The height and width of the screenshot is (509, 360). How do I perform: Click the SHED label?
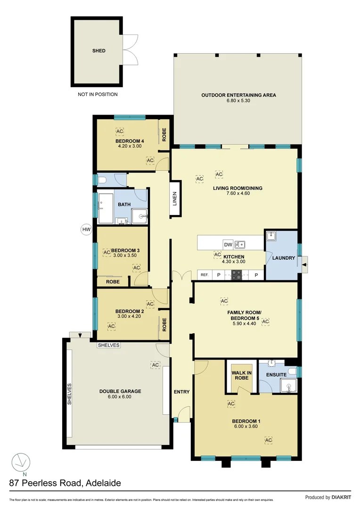[98, 51]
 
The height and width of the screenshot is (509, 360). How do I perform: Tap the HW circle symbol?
[86, 230]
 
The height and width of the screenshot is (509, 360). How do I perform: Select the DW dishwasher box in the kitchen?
[228, 245]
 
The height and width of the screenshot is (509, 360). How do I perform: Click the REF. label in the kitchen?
[205, 275]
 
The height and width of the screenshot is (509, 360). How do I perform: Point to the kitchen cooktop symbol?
[236, 275]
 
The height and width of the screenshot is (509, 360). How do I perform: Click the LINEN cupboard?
[174, 198]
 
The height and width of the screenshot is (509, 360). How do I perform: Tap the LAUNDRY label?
[284, 258]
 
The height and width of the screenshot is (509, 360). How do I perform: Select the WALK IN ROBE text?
[242, 375]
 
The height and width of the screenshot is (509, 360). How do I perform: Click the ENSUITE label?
[277, 375]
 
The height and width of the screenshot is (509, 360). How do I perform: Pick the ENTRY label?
[181, 392]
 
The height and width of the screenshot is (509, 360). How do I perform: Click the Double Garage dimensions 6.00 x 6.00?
[120, 397]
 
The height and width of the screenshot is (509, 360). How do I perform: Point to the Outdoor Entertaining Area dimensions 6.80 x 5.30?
[238, 101]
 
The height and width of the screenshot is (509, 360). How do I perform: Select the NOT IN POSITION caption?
[98, 94]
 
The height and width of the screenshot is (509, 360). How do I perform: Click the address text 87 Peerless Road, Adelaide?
[65, 483]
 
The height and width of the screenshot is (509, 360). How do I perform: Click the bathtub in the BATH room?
[105, 208]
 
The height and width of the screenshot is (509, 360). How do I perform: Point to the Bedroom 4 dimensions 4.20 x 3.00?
[129, 146]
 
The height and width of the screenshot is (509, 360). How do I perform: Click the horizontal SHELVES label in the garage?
[109, 345]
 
